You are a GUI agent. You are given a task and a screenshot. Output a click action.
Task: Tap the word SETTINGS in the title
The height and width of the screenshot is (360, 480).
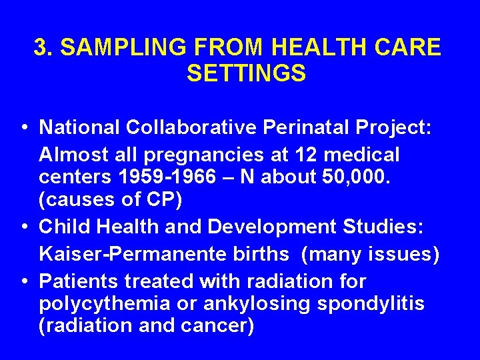[x=246, y=73]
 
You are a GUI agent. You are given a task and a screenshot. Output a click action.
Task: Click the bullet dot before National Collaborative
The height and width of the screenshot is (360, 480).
[x=23, y=127]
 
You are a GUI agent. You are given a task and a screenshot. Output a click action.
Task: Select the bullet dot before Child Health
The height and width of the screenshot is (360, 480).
[x=23, y=227]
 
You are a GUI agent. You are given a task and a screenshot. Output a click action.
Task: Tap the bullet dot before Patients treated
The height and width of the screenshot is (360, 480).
[x=23, y=281]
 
